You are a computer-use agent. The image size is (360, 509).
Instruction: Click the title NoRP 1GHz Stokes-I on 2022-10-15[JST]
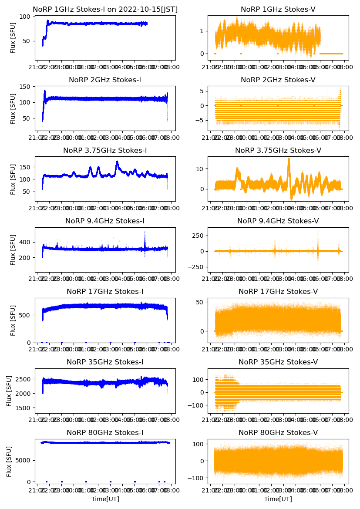point(105,9)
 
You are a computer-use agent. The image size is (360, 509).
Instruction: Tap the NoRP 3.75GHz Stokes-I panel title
point(105,150)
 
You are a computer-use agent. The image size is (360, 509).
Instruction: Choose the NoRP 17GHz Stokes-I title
point(105,291)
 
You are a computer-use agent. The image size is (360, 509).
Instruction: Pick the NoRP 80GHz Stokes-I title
point(105,432)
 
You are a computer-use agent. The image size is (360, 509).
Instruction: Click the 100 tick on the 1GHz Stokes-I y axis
point(27,17)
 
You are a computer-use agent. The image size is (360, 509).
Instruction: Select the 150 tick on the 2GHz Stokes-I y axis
point(27,87)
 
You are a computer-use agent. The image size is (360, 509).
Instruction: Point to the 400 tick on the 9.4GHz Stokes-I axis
point(27,242)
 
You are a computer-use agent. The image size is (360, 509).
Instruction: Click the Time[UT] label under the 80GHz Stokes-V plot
point(278,499)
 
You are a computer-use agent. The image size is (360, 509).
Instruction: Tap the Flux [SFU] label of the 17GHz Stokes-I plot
point(13,320)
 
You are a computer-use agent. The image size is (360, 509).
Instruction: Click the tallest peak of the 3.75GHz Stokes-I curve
point(117,162)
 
